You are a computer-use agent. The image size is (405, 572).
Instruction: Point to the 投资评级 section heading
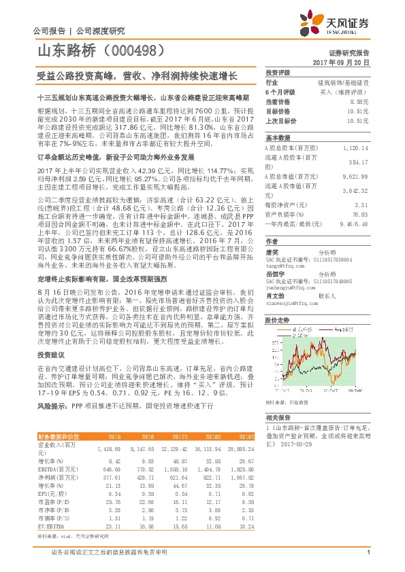278,72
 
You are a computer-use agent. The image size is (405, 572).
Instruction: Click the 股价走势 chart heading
278,319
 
